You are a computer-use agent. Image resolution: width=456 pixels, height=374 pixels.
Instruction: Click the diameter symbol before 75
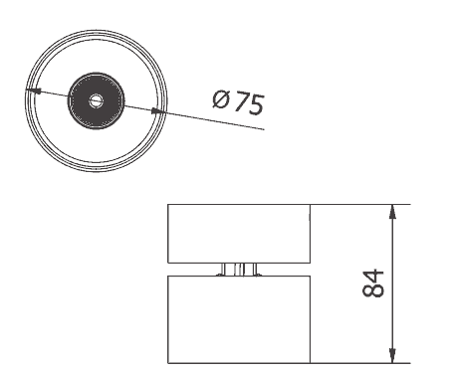pyautogui.click(x=221, y=99)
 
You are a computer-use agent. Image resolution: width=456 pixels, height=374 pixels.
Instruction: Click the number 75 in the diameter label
pyautogui.click(x=249, y=103)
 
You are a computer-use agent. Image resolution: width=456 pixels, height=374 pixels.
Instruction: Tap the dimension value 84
pyautogui.click(x=372, y=283)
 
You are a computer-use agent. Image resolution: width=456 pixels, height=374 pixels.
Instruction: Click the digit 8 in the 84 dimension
pyautogui.click(x=372, y=290)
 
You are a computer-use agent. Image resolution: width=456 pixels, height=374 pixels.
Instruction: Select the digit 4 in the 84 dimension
pyautogui.click(x=372, y=277)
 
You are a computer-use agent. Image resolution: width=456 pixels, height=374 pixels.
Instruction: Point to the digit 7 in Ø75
pyautogui.click(x=241, y=101)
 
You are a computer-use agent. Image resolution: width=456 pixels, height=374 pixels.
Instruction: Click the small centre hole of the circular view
pyautogui.click(x=97, y=100)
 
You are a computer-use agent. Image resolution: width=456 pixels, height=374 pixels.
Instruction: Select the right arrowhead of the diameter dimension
pyautogui.click(x=158, y=111)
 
